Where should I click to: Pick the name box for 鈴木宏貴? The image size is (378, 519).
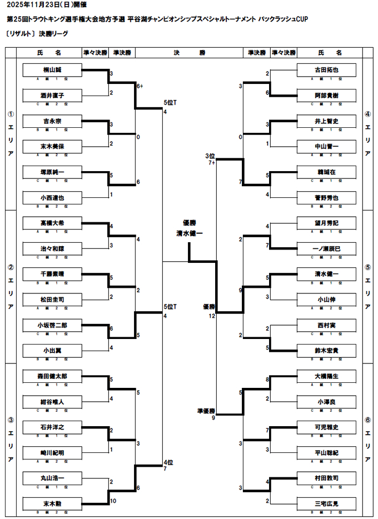(x=326, y=350)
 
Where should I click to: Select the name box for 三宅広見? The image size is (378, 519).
(x=326, y=503)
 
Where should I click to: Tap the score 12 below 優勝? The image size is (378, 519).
(x=212, y=316)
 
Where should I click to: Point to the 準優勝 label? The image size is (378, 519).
(x=206, y=411)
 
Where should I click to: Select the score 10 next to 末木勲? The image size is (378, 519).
(x=113, y=501)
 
